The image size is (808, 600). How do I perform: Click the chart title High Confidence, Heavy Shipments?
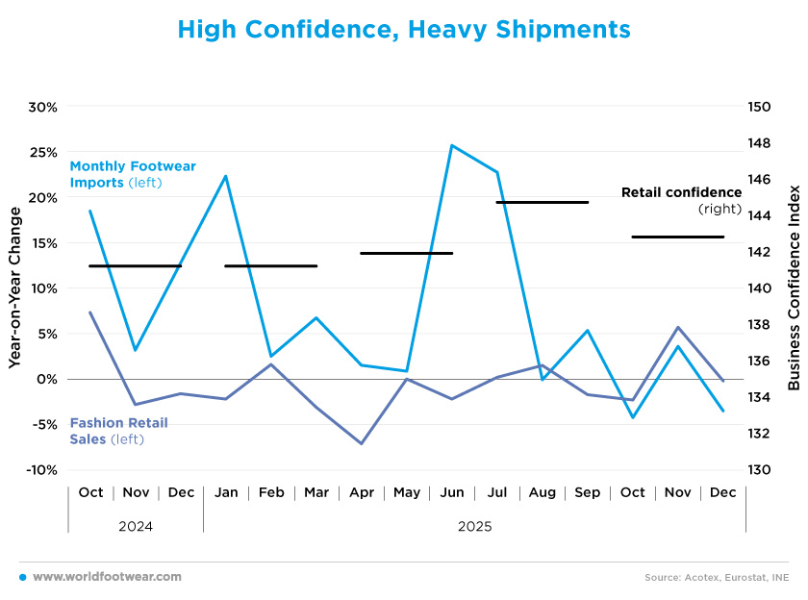tap(404, 30)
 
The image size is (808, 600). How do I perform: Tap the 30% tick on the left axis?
tap(42, 107)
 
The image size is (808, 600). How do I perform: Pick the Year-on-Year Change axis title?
tap(15, 288)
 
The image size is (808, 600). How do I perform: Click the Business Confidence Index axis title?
tap(794, 288)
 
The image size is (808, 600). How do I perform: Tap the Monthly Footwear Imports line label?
tap(132, 174)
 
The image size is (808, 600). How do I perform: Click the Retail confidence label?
tap(681, 199)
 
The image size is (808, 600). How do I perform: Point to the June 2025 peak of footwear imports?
tap(451, 145)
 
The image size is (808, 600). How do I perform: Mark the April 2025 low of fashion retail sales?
tap(362, 443)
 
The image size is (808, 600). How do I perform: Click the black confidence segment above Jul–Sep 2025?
tap(542, 202)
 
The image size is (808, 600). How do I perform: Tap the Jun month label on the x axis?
tap(451, 492)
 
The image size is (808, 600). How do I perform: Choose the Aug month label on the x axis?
tap(542, 492)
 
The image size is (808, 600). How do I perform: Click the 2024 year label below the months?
tap(136, 526)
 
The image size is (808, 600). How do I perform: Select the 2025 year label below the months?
tap(474, 526)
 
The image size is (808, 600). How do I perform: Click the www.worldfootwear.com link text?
tap(107, 577)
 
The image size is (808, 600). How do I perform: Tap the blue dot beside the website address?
tap(22, 577)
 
